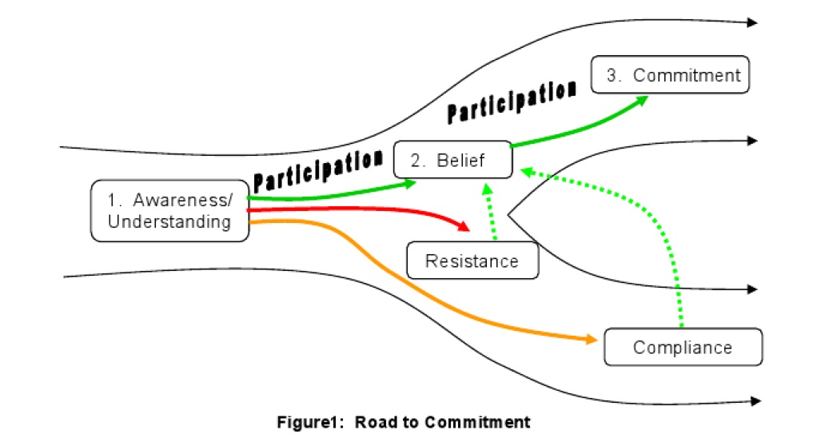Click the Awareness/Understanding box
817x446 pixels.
tap(169, 210)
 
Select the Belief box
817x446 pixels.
tap(452, 160)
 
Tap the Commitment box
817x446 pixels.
tap(670, 75)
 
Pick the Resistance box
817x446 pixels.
tap(472, 261)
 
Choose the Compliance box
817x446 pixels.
tap(683, 347)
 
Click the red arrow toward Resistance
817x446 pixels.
tap(360, 211)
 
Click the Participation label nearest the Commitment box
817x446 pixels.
tap(512, 102)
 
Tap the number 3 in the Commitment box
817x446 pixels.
tap(613, 75)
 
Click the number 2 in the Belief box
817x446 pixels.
tap(416, 160)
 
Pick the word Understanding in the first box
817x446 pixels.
tap(169, 221)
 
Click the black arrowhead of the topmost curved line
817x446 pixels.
tap(752, 22)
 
